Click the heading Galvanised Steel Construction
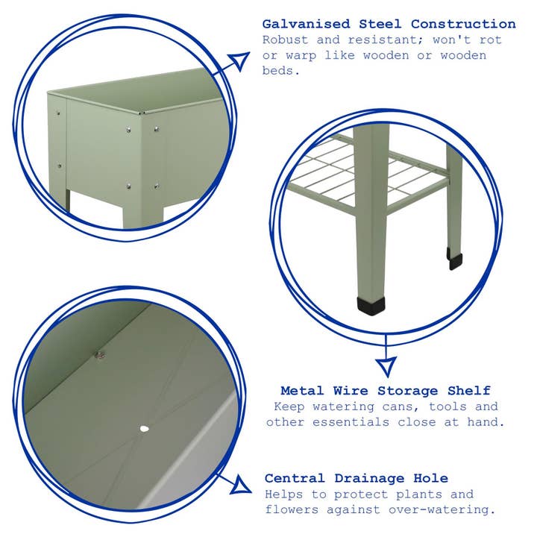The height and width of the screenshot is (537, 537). click(389, 25)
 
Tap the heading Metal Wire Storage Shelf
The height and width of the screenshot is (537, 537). click(386, 390)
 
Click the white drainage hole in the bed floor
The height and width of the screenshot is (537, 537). click(144, 429)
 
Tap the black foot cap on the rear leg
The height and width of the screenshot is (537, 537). click(454, 260)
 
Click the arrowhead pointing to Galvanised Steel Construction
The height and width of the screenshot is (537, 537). click(238, 61)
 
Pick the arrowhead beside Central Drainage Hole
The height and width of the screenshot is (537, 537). click(240, 486)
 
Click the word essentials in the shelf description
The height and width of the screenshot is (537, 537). click(399, 421)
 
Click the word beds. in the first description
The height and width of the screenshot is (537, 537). click(281, 70)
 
